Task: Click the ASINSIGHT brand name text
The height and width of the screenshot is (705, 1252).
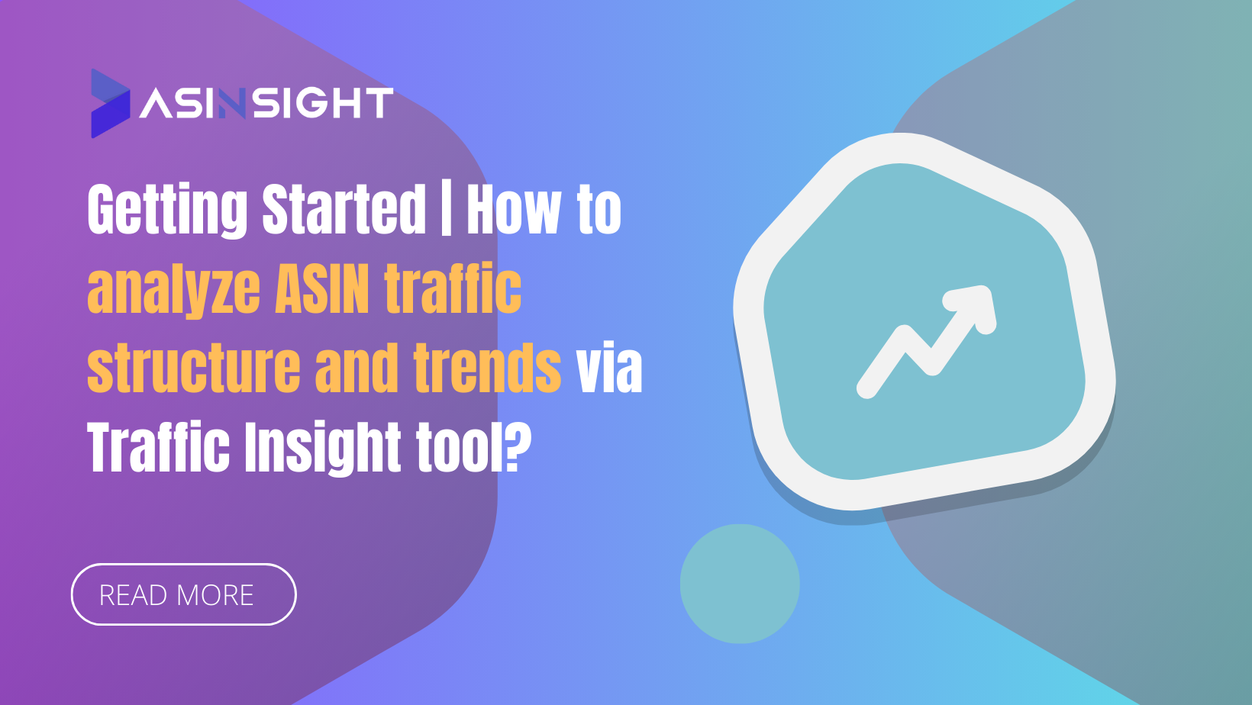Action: (x=266, y=104)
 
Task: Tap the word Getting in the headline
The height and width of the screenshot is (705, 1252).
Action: (x=168, y=210)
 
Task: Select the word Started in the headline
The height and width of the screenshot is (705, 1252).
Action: (x=344, y=210)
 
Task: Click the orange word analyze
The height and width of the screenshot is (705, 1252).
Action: (x=174, y=291)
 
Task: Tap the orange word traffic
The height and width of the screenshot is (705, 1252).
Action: (x=452, y=289)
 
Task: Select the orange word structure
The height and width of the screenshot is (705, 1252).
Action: (x=194, y=369)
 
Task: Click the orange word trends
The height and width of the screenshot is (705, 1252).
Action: (x=487, y=369)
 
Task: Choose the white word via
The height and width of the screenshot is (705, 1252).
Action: (x=608, y=369)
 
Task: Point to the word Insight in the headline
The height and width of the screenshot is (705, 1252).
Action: (x=322, y=449)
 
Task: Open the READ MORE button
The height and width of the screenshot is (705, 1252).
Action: (x=183, y=594)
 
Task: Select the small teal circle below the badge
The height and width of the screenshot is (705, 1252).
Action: (x=739, y=584)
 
